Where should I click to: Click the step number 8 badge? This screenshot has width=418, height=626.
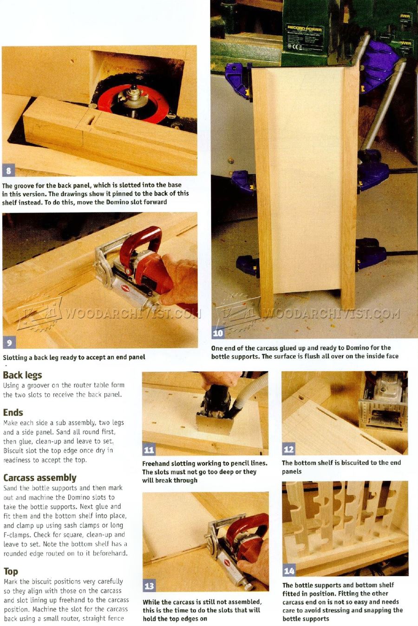coord(8,170)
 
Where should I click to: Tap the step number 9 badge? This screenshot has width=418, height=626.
coord(9,343)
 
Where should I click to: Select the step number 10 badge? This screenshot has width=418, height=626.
coord(218,332)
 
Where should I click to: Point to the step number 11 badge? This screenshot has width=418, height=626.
coord(149,449)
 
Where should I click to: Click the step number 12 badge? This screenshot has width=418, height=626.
coord(288,449)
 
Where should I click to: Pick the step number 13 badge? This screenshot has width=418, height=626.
coord(149,586)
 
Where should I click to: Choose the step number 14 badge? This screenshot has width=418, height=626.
coord(289,571)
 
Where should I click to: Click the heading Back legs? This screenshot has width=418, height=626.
coord(22,375)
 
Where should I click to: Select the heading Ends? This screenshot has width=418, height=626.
coord(13,412)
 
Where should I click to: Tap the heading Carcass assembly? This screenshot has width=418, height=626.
coord(39,477)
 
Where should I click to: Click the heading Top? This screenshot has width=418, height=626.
coord(11,571)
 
